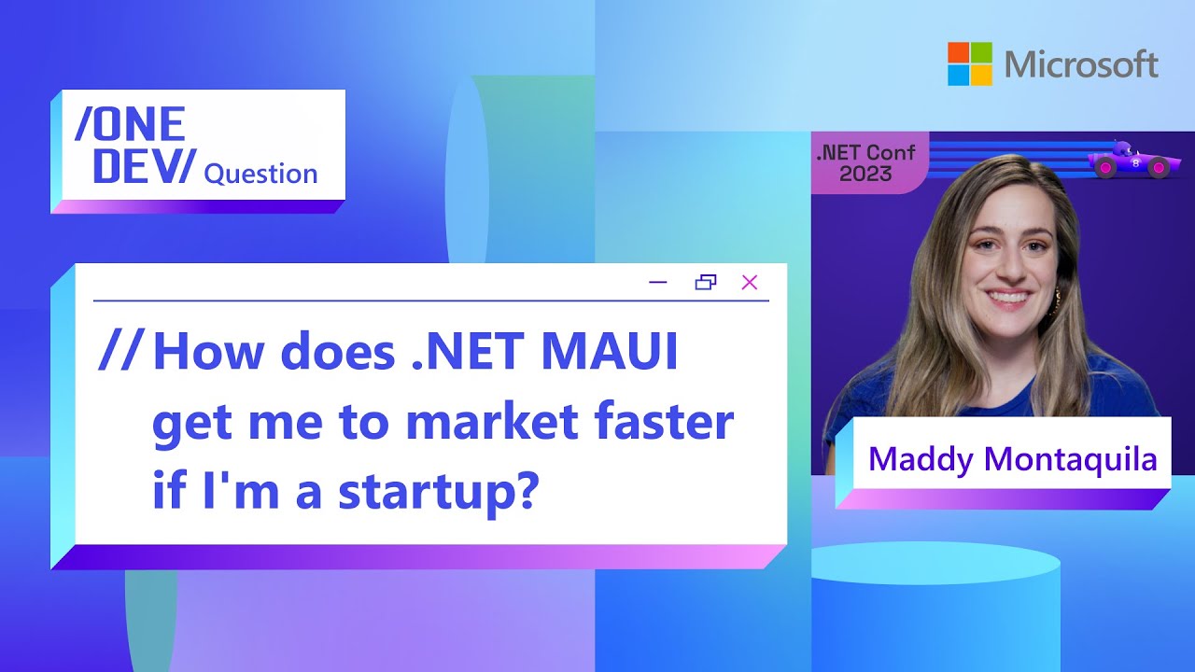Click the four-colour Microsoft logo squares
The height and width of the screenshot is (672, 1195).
coord(970,64)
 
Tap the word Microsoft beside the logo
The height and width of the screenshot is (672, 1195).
coord(1081,64)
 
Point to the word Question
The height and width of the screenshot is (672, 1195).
coord(260,174)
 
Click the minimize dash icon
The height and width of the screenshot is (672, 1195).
coord(658,282)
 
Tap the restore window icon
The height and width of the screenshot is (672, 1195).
coord(706,282)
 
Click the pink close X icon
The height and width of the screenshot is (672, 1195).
coord(750,282)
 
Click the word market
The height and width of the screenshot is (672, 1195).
coord(492,421)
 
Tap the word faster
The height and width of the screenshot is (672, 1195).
coord(666,421)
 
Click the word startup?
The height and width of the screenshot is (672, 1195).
coord(436,491)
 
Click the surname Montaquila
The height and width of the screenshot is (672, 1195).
coord(1070,460)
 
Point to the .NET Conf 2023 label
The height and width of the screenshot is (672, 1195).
coord(865,162)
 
